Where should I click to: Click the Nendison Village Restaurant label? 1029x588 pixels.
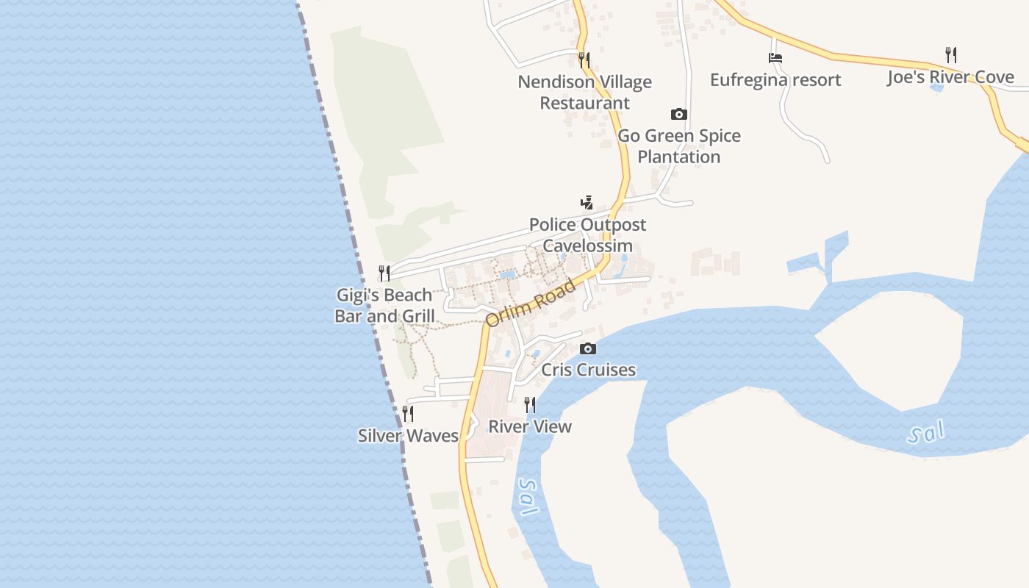coord(584,93)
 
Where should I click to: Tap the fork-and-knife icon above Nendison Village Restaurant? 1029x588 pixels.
coord(584,60)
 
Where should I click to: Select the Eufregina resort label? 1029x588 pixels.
coord(775,79)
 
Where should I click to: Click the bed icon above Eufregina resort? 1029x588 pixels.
coord(775,57)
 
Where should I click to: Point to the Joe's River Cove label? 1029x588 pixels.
coord(950,77)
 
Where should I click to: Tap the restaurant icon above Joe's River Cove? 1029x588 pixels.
coord(950,54)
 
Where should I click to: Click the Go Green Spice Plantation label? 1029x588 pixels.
coord(678,146)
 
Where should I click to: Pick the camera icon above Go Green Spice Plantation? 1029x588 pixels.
coord(678,114)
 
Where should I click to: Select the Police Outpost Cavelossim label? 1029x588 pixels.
coord(587,235)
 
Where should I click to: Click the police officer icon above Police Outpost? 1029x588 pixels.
coord(587,202)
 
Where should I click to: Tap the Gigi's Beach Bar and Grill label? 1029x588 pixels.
coord(384,306)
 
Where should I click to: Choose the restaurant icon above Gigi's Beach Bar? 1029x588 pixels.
coord(384,273)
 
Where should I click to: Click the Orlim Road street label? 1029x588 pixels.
coord(531,304)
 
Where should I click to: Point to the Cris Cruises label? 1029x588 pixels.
coord(588,370)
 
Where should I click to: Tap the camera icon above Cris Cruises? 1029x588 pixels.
coord(587,348)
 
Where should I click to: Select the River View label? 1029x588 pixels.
coord(529,426)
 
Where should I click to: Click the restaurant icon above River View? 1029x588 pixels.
coord(529,404)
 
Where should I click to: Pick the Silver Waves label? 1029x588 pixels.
coord(408,436)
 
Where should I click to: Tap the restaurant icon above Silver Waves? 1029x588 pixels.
coord(408,414)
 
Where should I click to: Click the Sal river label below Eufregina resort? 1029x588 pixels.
coord(925,434)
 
